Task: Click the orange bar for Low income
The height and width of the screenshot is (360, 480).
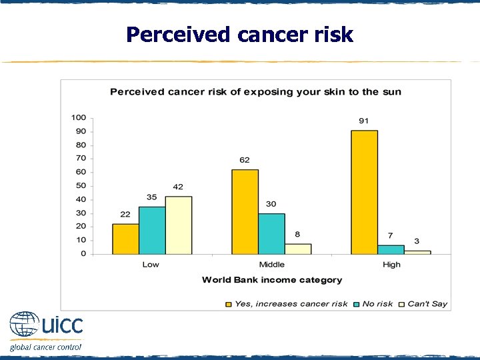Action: coord(125,239)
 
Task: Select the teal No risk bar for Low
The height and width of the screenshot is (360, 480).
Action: coord(152,230)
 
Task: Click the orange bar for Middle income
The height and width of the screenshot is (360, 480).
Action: coord(245,211)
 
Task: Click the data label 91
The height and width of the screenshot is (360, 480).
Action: coord(365,121)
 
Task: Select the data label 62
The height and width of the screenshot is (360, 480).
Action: coord(245,160)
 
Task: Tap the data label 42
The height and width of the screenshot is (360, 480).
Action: coord(178,187)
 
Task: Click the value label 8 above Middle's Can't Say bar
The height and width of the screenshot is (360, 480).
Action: coord(298,234)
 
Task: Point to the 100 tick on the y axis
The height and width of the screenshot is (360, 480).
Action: coord(79,117)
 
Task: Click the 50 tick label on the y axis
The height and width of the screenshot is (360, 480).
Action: coord(81,185)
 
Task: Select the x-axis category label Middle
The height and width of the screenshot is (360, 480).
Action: coord(271,265)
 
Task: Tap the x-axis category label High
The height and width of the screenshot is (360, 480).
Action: coord(391,265)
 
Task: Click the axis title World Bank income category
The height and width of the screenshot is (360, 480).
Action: coord(272,280)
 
